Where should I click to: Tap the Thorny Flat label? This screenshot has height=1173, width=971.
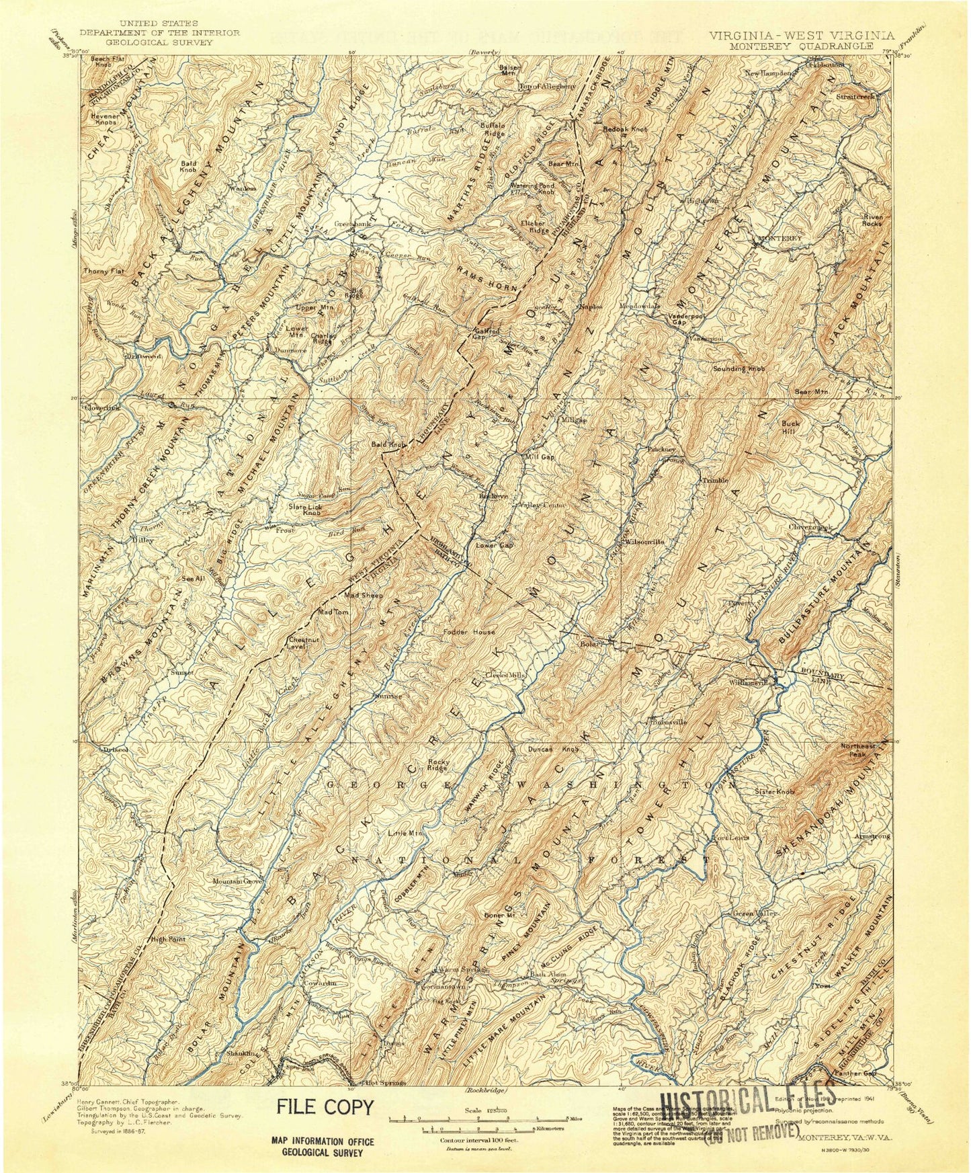[101, 271]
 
